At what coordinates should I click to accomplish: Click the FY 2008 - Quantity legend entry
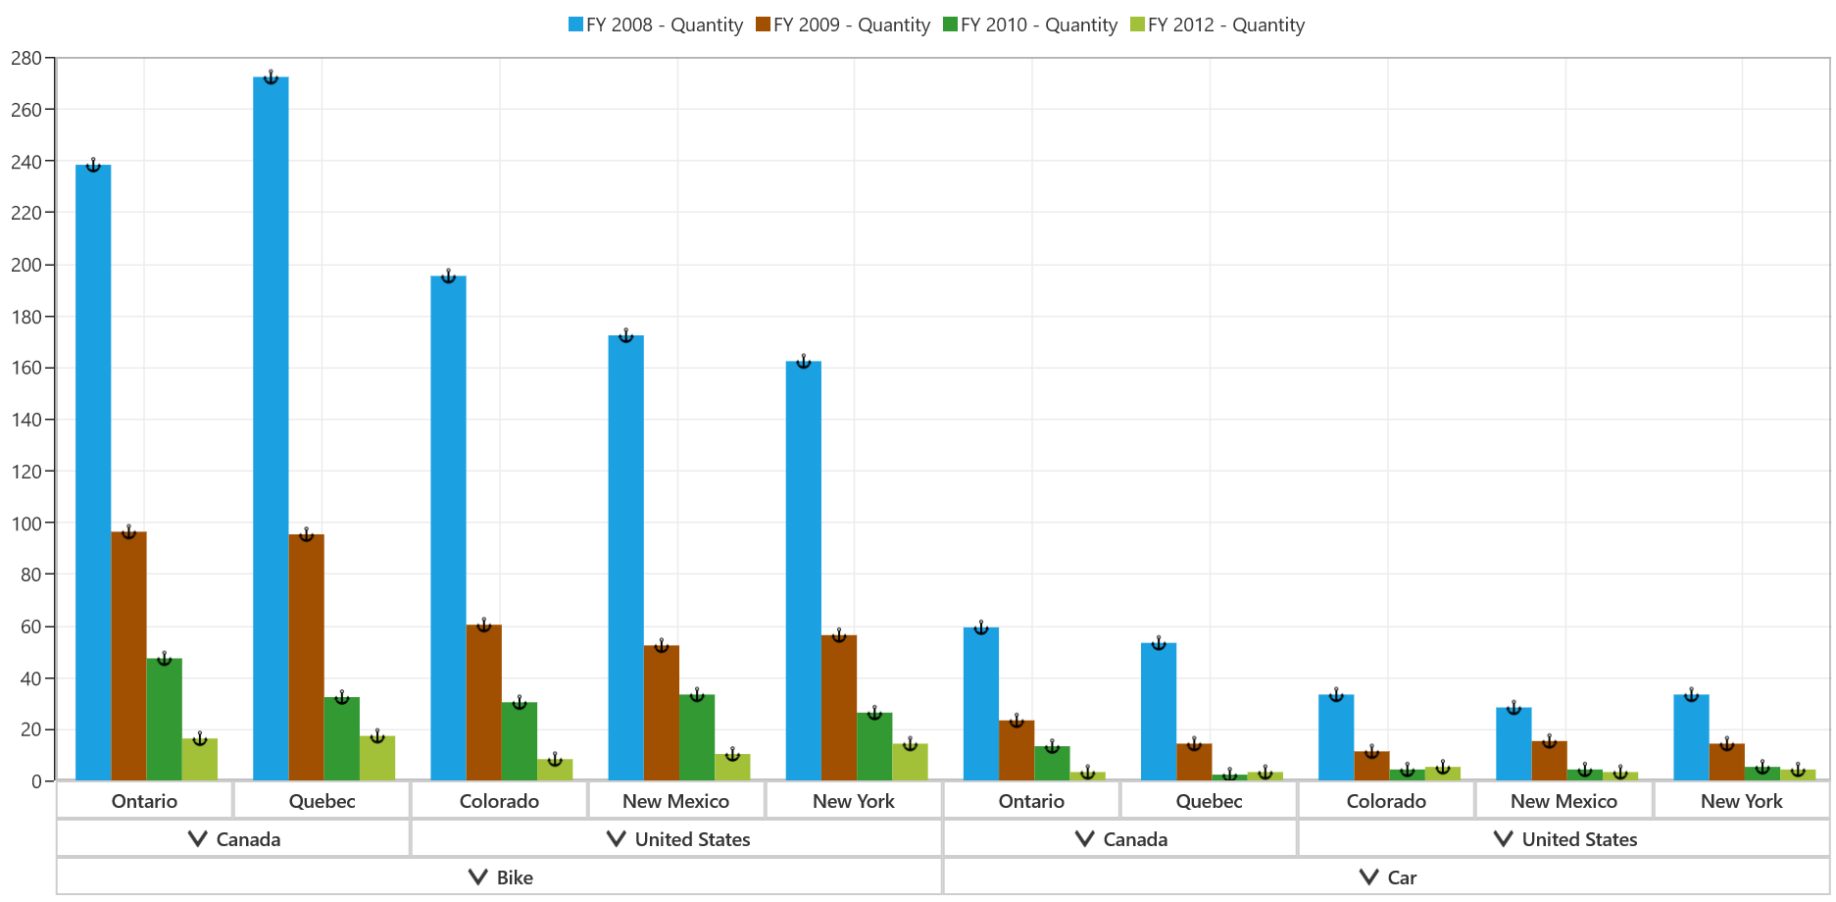point(655,25)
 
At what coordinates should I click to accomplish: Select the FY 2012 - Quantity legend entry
point(1216,25)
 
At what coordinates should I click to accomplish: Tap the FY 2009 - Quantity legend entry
point(842,25)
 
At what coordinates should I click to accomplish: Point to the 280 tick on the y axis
point(26,58)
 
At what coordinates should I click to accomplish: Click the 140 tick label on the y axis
point(26,420)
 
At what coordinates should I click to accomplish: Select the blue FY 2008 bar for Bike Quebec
point(271,428)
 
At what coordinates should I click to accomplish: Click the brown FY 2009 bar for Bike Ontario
point(129,656)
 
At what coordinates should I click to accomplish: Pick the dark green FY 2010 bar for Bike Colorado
point(520,741)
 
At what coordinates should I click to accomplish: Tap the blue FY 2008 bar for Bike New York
point(804,571)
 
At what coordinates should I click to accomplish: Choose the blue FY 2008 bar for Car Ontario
point(981,704)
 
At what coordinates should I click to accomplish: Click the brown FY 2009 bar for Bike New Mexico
point(662,713)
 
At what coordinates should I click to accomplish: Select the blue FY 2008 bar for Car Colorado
point(1336,737)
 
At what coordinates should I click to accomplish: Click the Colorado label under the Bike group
point(499,801)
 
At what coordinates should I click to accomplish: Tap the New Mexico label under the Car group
point(1563,801)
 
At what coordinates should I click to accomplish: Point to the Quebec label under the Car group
point(1209,801)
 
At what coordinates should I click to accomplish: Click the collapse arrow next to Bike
point(478,877)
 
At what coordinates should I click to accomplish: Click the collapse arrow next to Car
point(1369,877)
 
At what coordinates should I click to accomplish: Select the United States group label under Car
point(1579,839)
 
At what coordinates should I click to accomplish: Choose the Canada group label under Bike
point(248,839)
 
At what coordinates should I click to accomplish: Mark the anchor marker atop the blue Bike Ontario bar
point(93,165)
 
